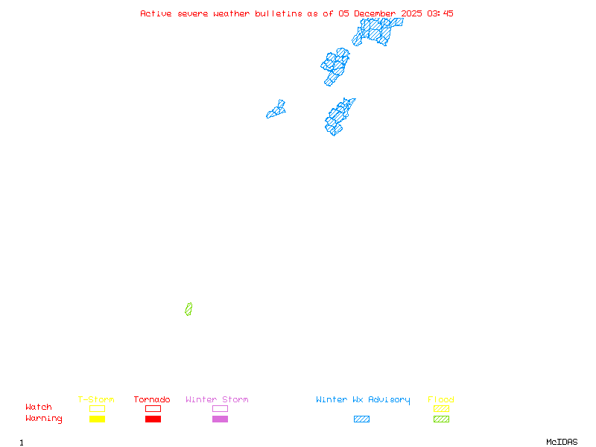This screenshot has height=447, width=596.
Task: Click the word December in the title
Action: (375, 13)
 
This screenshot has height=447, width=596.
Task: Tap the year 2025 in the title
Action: (412, 13)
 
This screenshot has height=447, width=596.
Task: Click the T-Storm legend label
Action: (96, 400)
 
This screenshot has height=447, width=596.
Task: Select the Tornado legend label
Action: (152, 400)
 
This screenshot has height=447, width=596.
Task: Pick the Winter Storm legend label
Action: (217, 400)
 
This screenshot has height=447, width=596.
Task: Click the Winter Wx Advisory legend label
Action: (363, 400)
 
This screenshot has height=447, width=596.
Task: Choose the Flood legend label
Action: (441, 400)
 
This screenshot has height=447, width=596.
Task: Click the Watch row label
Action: (39, 408)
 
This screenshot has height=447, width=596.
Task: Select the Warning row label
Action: (44, 419)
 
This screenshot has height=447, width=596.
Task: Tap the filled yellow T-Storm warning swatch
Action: (97, 419)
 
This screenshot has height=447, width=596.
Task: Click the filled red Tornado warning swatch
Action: (153, 419)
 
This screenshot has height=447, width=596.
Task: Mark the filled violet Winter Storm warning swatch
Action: (220, 419)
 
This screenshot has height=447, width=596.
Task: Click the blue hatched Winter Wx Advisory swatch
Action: (361, 419)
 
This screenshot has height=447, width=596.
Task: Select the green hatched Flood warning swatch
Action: (441, 419)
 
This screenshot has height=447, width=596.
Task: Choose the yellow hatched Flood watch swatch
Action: (441, 409)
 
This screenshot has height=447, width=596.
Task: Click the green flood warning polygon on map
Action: (188, 309)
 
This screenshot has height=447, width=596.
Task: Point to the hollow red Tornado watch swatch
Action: (153, 409)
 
